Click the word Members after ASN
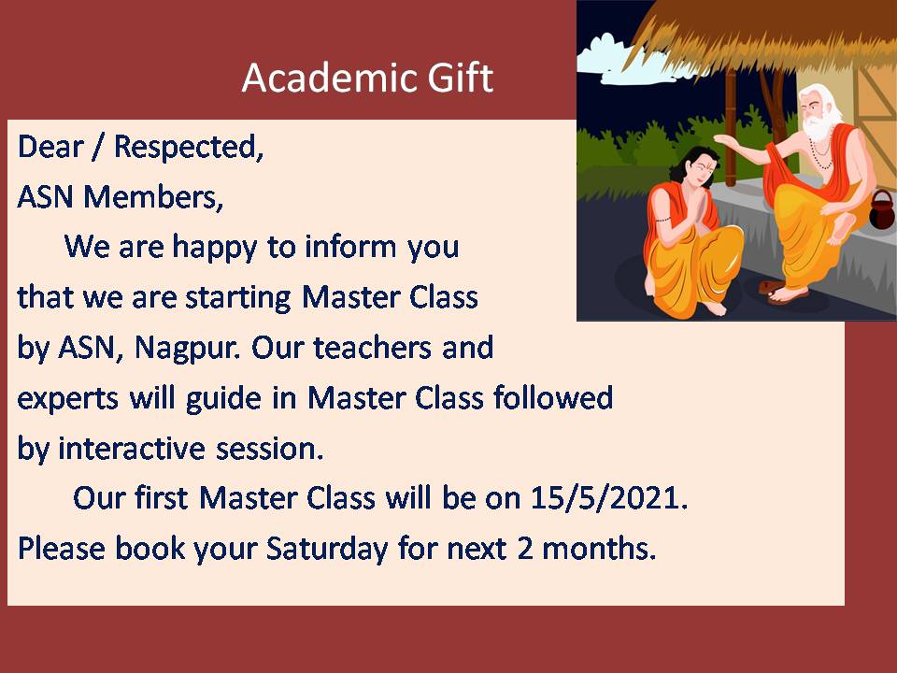[152, 197]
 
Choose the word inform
[350, 247]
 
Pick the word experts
[68, 399]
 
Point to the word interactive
[131, 448]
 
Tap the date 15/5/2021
[608, 498]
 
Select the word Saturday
[327, 549]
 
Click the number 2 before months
[524, 548]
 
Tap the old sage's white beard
[818, 128]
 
